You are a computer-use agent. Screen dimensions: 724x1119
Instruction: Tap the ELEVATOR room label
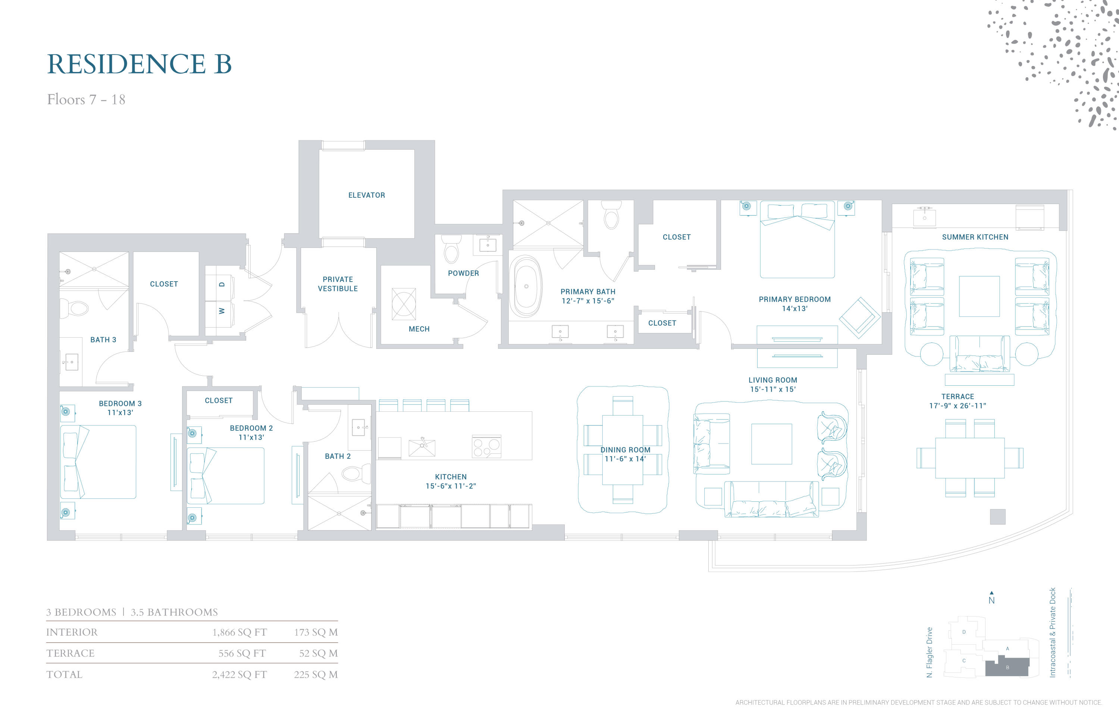(x=366, y=195)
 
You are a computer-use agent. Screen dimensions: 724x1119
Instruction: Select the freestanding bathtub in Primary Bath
(x=526, y=286)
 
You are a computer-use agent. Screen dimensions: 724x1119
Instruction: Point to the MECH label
(x=419, y=329)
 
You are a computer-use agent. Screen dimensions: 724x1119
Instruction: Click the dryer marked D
(x=220, y=283)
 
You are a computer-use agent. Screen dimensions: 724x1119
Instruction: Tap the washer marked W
(x=220, y=311)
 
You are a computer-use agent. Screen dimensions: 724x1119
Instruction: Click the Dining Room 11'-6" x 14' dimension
(x=625, y=459)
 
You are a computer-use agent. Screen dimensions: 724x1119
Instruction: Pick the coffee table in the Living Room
(x=771, y=444)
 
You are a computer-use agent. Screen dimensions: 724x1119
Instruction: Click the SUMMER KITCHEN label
(x=975, y=237)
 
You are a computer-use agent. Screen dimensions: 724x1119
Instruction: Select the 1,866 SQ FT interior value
(x=239, y=632)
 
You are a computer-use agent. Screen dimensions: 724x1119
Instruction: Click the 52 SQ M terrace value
(x=318, y=654)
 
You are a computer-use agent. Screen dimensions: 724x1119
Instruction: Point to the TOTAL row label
(x=65, y=675)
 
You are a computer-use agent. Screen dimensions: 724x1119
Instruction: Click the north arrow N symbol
(x=991, y=598)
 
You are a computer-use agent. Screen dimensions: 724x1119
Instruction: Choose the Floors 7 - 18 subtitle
(x=86, y=100)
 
